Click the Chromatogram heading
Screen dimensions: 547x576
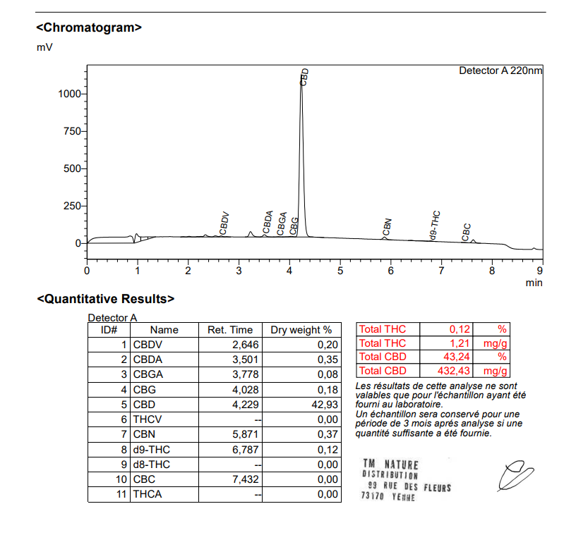(x=89, y=28)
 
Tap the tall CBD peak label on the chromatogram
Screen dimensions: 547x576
(x=304, y=77)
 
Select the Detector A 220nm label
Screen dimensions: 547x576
(x=500, y=70)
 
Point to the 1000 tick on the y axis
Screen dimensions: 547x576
(x=71, y=94)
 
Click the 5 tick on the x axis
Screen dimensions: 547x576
(x=340, y=270)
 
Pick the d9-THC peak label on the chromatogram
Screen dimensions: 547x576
(x=436, y=226)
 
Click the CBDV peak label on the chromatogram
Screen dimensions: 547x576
(x=224, y=223)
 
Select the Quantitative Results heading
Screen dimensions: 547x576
(x=105, y=299)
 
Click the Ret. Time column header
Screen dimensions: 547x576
(x=229, y=330)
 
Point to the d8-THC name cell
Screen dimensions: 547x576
(x=152, y=465)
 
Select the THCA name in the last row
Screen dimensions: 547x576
(x=148, y=494)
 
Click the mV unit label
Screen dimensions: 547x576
(x=44, y=47)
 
